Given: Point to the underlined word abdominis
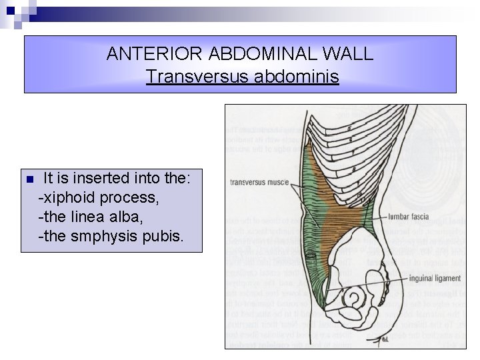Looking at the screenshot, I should coord(297,77).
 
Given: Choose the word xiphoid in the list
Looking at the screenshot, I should coord(67,198).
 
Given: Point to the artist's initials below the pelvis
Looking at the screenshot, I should coord(385,339).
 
